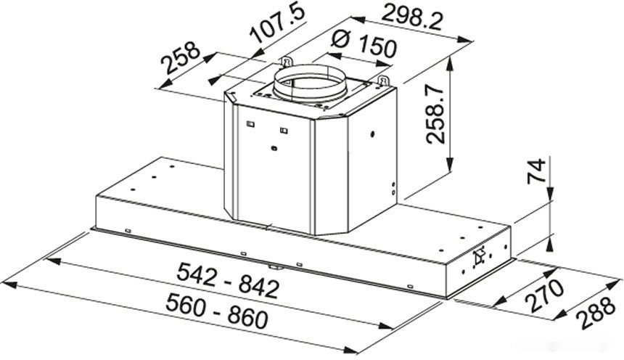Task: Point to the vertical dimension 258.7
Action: click(x=436, y=113)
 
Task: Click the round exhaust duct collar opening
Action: click(x=311, y=81)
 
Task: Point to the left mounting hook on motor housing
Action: click(x=287, y=60)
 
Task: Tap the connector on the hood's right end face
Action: click(x=478, y=258)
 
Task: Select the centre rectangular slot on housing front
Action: click(x=284, y=131)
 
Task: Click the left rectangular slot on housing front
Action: click(x=250, y=123)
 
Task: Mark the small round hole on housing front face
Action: click(x=273, y=149)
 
